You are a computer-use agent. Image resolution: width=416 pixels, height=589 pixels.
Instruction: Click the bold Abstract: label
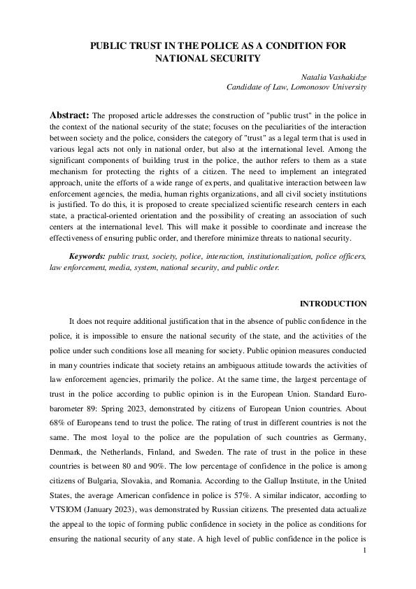70,114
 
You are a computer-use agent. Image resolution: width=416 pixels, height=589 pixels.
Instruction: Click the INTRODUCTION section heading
333,304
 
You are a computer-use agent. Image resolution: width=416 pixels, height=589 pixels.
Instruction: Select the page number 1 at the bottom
365,551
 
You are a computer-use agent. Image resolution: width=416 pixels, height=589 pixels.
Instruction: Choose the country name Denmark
66,459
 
